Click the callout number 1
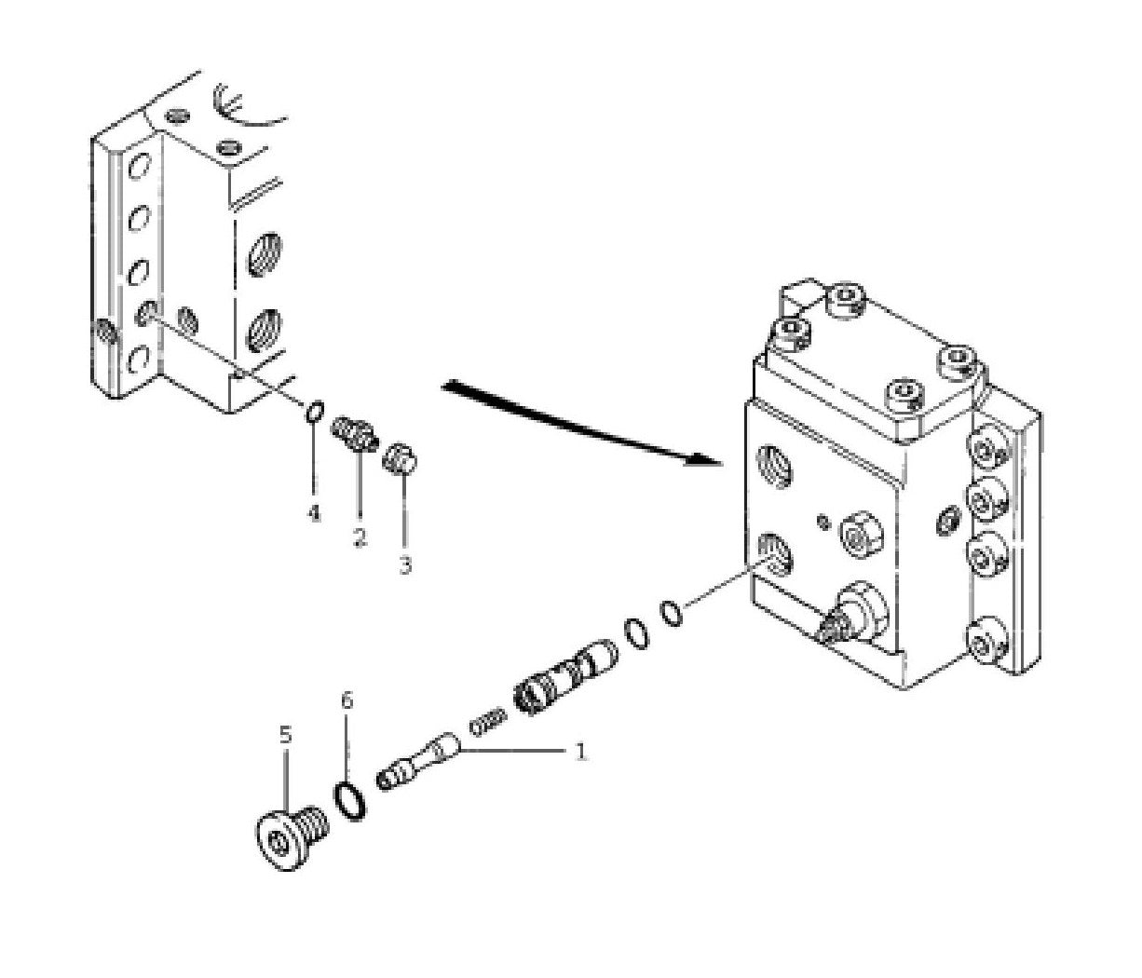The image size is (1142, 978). [579, 752]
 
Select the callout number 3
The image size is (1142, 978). [405, 564]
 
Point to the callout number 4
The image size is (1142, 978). [314, 514]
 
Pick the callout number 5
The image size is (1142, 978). [285, 735]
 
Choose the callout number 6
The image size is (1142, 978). [347, 700]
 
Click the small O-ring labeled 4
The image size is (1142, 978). [315, 413]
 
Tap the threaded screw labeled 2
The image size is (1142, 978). [355, 434]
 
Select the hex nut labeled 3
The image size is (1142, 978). [400, 458]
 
